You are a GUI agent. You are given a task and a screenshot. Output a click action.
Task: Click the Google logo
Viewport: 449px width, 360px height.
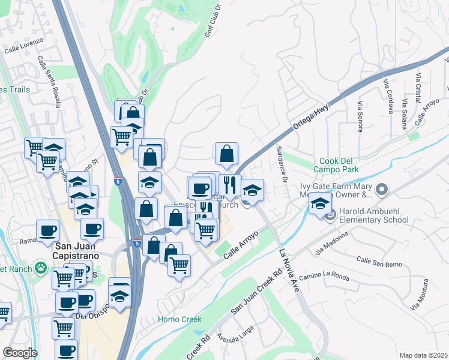click(20, 353)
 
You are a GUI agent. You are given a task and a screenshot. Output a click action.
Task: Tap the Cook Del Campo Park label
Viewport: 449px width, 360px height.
click(339, 166)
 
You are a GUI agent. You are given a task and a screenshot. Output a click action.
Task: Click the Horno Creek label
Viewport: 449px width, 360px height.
click(179, 319)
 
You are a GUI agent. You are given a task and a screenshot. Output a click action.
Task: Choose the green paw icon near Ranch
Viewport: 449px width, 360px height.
click(41, 267)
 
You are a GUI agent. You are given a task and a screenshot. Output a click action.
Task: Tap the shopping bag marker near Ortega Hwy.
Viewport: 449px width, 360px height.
click(226, 154)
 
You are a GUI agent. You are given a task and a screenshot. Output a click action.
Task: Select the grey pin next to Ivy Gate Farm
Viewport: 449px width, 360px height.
click(382, 190)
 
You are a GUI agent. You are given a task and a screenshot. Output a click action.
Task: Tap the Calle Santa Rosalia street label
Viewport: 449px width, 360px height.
click(50, 82)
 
